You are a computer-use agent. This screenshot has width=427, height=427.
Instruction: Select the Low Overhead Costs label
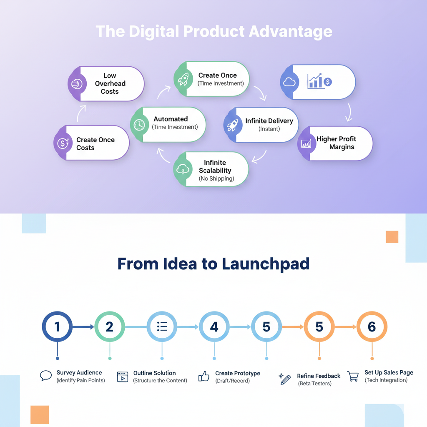pyautogui.click(x=110, y=83)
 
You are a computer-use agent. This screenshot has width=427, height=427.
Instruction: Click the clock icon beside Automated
pyautogui.click(x=139, y=124)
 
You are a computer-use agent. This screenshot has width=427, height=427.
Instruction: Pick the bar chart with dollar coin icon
pyautogui.click(x=319, y=81)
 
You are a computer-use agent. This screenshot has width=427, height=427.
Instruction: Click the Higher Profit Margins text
pyautogui.click(x=336, y=143)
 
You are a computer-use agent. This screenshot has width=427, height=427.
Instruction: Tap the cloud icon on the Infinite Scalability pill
pyautogui.click(x=183, y=169)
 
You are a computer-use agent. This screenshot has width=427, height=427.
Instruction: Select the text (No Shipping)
pyautogui.click(x=216, y=178)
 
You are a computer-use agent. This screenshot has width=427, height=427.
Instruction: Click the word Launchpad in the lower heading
pyautogui.click(x=266, y=264)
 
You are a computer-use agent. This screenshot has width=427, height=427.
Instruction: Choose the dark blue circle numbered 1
pyautogui.click(x=57, y=327)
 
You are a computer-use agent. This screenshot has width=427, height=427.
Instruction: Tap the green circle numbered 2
pyautogui.click(x=109, y=327)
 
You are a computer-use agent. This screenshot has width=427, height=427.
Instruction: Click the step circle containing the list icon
pyautogui.click(x=162, y=327)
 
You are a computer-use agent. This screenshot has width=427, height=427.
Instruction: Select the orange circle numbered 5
pyautogui.click(x=319, y=327)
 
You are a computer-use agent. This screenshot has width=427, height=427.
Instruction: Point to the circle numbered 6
pyautogui.click(x=372, y=327)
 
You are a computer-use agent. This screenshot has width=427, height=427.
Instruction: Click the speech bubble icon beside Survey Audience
pyautogui.click(x=45, y=376)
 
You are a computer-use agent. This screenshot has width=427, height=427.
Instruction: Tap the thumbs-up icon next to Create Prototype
pyautogui.click(x=204, y=376)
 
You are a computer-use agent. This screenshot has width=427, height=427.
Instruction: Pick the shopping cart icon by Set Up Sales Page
pyautogui.click(x=353, y=376)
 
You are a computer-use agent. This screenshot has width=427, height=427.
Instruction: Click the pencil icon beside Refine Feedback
pyautogui.click(x=285, y=379)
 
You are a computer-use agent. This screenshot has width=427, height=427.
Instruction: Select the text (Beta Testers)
pyautogui.click(x=315, y=384)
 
